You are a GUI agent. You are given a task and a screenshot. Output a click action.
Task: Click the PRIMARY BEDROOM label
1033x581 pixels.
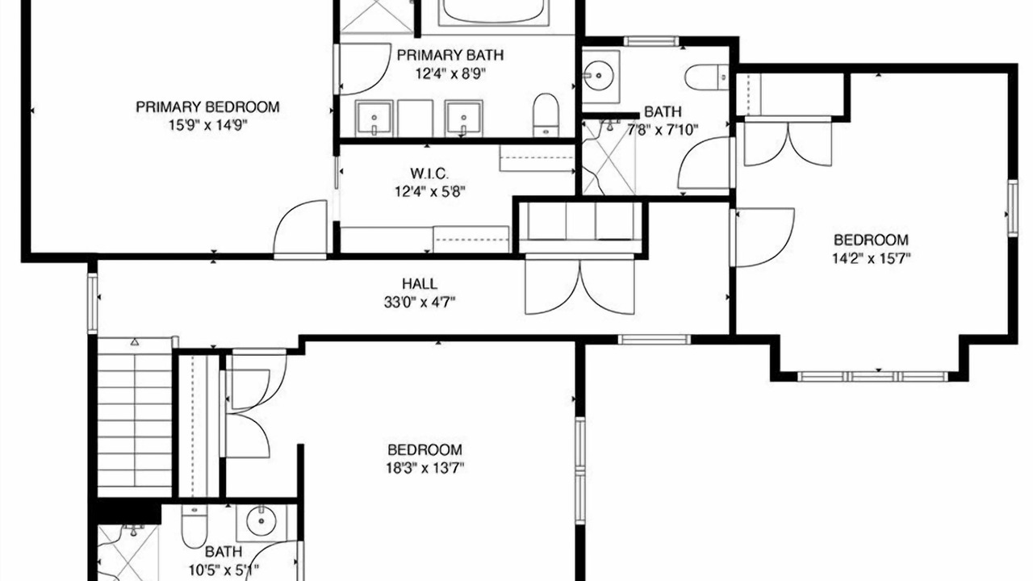207,107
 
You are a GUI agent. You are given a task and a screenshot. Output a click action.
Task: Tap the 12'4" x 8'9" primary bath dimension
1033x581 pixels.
450,73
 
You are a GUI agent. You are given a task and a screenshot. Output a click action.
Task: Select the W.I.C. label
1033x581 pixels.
429,173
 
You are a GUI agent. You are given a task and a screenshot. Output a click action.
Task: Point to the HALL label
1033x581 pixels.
420,283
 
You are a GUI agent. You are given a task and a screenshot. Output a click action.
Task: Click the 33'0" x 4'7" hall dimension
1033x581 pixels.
420,303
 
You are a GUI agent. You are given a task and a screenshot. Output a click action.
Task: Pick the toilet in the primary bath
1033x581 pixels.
546,115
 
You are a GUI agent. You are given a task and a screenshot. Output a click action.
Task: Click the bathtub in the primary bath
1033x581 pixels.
494,11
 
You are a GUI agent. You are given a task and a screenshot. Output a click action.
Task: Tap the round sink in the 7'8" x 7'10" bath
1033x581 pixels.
599,75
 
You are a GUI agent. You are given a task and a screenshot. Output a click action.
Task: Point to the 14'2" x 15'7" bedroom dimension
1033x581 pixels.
871,259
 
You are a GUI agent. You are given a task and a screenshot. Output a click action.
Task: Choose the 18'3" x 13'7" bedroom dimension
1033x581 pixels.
424,469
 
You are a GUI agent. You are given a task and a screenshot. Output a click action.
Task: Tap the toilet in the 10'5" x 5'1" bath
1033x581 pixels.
194,526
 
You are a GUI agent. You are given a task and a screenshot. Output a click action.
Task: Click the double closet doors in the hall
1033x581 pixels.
580,286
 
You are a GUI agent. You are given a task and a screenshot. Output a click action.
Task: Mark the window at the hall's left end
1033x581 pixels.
93,303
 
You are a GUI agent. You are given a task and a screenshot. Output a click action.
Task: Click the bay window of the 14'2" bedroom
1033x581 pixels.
872,376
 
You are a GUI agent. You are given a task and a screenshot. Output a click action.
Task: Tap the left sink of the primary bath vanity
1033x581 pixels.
374,119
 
